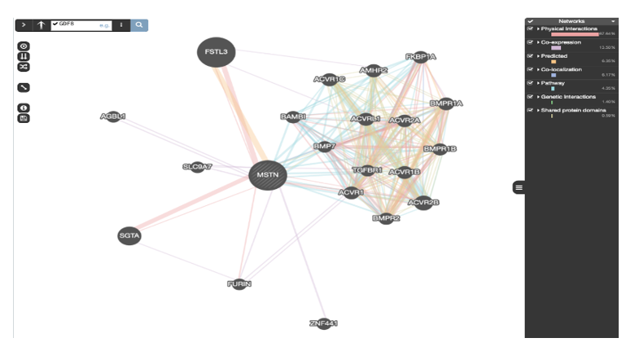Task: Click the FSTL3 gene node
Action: click(217, 52)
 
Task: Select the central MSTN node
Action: click(267, 174)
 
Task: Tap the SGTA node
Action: click(129, 235)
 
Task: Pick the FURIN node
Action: click(239, 284)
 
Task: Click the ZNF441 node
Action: click(323, 323)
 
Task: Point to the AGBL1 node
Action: click(113, 116)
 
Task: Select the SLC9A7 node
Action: click(197, 167)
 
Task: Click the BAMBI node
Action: click(294, 117)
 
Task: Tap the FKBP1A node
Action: click(421, 57)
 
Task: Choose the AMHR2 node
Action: click(374, 71)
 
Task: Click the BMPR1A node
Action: click(446, 103)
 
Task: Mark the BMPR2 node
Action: click(386, 218)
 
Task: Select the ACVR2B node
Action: click(423, 202)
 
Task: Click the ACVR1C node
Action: click(330, 79)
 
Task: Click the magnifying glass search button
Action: click(140, 25)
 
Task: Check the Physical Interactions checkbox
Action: click(531, 29)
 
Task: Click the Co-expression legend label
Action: click(561, 42)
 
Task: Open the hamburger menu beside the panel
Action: click(519, 187)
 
